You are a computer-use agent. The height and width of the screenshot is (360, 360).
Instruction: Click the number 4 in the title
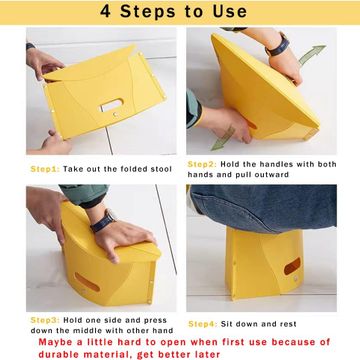pos(105,12)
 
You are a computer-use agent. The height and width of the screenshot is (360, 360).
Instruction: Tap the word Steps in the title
pos(148,12)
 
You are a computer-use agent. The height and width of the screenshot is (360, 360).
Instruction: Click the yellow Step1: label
pos(45,169)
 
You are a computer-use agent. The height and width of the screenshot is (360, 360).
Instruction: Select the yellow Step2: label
pos(202,164)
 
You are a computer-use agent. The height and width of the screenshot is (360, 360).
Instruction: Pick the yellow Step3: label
pos(45,320)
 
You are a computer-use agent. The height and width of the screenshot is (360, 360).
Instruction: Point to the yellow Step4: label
pos(203,324)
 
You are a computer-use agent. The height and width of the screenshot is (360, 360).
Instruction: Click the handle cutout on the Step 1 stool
pos(112,105)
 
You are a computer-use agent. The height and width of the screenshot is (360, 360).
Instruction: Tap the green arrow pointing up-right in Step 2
pos(312,54)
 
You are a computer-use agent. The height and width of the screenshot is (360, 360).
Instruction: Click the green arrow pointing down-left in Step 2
pos(223,138)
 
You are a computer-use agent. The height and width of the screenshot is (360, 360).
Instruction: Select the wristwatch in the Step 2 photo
pos(277,45)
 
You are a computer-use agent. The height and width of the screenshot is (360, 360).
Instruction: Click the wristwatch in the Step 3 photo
pos(103,221)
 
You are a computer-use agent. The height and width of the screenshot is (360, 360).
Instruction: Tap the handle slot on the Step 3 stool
pos(87,282)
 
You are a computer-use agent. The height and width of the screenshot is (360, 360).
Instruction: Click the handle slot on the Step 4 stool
pos(292,266)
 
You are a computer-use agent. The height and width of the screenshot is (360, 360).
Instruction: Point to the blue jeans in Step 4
pos(263,207)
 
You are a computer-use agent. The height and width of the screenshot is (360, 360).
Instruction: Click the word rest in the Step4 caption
pos(288,324)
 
